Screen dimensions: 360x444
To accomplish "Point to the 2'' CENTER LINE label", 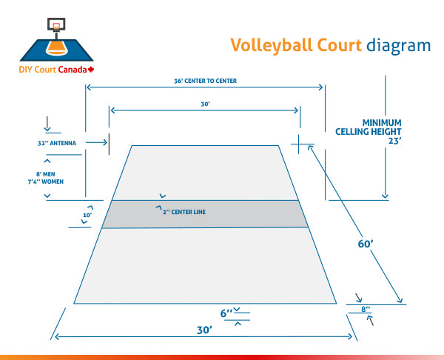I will click(184, 212).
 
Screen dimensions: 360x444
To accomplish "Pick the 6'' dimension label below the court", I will click(227, 313).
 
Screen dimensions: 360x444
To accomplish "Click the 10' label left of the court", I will click(87, 216).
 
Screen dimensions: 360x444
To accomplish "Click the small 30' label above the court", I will click(206, 104).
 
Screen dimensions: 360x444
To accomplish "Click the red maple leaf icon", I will click(92, 70).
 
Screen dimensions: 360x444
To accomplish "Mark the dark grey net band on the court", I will click(204, 214).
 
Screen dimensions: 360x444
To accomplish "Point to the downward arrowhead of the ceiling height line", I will click(385, 196).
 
